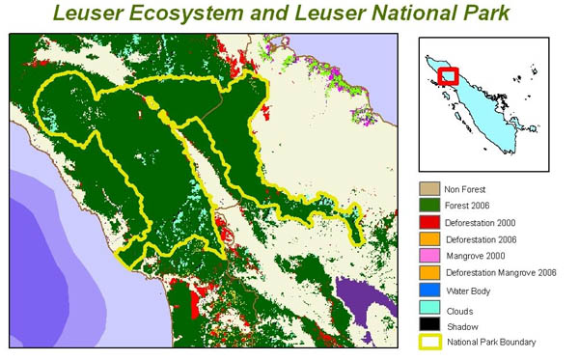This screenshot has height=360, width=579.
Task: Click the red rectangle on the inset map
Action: point(449,75)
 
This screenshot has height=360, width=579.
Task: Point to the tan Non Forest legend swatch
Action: point(428,189)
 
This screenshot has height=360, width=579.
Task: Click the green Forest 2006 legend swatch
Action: point(428,207)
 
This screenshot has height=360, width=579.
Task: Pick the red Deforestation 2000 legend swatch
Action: point(428,223)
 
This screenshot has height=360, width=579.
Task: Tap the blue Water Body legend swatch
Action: point(428,291)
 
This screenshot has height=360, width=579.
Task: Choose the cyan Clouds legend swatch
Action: point(428,308)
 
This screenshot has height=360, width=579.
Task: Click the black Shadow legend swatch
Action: point(428,325)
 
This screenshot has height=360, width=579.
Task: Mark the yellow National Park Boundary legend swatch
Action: point(428,342)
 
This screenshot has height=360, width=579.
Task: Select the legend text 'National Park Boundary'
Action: point(497,342)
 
